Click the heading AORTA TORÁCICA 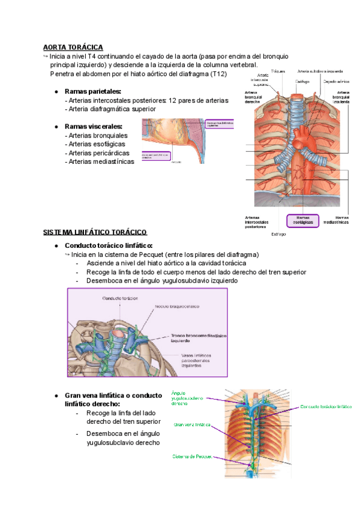73,47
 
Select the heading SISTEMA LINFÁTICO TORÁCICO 95,232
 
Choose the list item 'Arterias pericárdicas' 99,152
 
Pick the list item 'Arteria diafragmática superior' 112,109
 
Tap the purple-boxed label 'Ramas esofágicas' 302,220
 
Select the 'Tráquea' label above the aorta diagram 278,70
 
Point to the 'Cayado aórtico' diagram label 337,81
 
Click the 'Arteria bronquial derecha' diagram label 253,97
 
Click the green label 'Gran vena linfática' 193,424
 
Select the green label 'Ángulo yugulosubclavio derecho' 187,398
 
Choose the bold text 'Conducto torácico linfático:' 125,245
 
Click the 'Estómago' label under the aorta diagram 279,233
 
